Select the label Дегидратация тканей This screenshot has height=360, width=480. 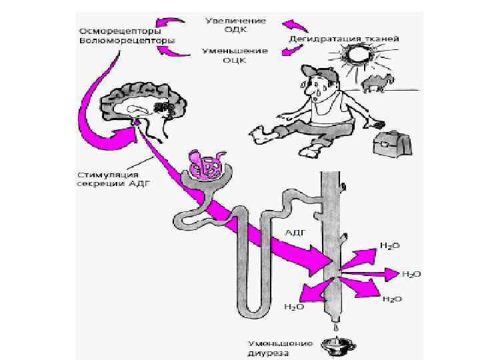pyautogui.click(x=344, y=39)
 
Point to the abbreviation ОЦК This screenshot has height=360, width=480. pyautogui.click(x=235, y=60)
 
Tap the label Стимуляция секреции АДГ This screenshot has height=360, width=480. pyautogui.click(x=105, y=180)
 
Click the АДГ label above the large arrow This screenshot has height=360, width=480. pyautogui.click(x=295, y=233)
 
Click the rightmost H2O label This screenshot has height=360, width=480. pyautogui.click(x=411, y=274)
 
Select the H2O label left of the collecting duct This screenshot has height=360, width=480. pyautogui.click(x=293, y=307)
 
